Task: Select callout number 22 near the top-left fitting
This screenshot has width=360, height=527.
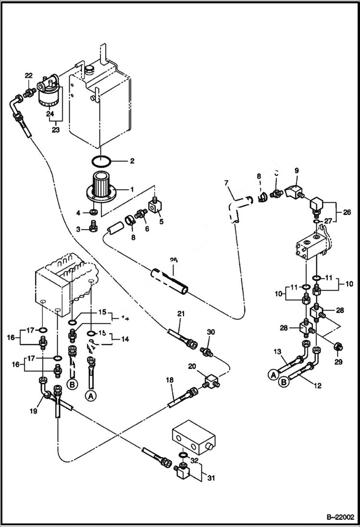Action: (28, 75)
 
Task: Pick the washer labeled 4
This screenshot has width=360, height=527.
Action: (92, 212)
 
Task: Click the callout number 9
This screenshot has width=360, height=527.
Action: (296, 170)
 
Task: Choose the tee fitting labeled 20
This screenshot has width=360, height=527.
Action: (210, 383)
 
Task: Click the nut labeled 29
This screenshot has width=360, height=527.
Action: (337, 347)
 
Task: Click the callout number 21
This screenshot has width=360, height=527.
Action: (181, 314)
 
